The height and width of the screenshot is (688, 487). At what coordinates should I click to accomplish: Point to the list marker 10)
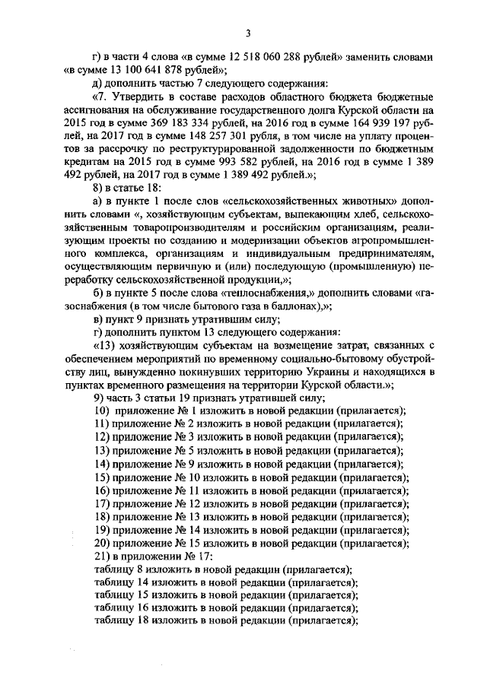click(x=102, y=410)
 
